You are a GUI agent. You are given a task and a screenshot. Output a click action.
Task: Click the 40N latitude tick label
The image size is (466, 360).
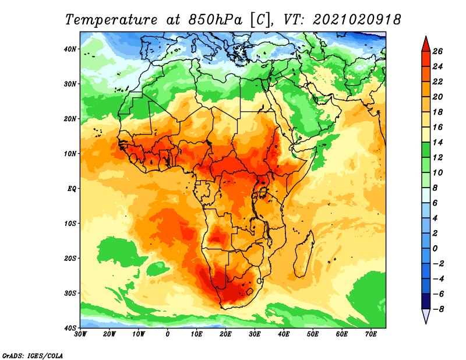[x=70, y=49]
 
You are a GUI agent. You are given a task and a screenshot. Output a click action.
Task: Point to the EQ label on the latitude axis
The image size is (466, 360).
[x=72, y=189]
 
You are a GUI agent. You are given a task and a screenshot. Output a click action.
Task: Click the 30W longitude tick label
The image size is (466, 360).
[x=80, y=334]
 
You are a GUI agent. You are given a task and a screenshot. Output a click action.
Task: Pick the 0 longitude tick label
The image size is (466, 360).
[x=168, y=334]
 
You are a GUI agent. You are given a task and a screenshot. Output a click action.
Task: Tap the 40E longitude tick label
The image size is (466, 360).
[x=284, y=334]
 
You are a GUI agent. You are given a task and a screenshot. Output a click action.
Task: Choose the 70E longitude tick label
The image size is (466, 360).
[x=371, y=334]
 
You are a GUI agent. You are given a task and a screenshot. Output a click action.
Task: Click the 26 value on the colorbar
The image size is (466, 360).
[x=437, y=51]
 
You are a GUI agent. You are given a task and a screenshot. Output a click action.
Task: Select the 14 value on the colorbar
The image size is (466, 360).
[x=437, y=142]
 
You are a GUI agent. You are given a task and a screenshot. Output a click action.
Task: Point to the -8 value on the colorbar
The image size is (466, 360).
[x=438, y=309]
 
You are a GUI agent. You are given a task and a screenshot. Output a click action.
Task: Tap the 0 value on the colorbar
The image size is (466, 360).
[x=435, y=249]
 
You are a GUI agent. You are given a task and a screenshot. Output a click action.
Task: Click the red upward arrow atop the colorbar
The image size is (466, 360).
[x=426, y=44]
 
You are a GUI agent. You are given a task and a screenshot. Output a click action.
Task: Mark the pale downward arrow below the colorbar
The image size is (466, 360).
[x=426, y=316]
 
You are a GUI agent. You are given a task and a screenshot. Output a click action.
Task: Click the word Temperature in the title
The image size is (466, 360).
[x=111, y=20]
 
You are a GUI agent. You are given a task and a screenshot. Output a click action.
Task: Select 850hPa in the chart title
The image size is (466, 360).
[x=215, y=20]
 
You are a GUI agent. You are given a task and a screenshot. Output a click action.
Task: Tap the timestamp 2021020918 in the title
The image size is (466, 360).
[x=357, y=20]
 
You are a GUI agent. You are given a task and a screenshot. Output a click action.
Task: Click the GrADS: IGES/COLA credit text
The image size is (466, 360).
[x=33, y=355]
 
